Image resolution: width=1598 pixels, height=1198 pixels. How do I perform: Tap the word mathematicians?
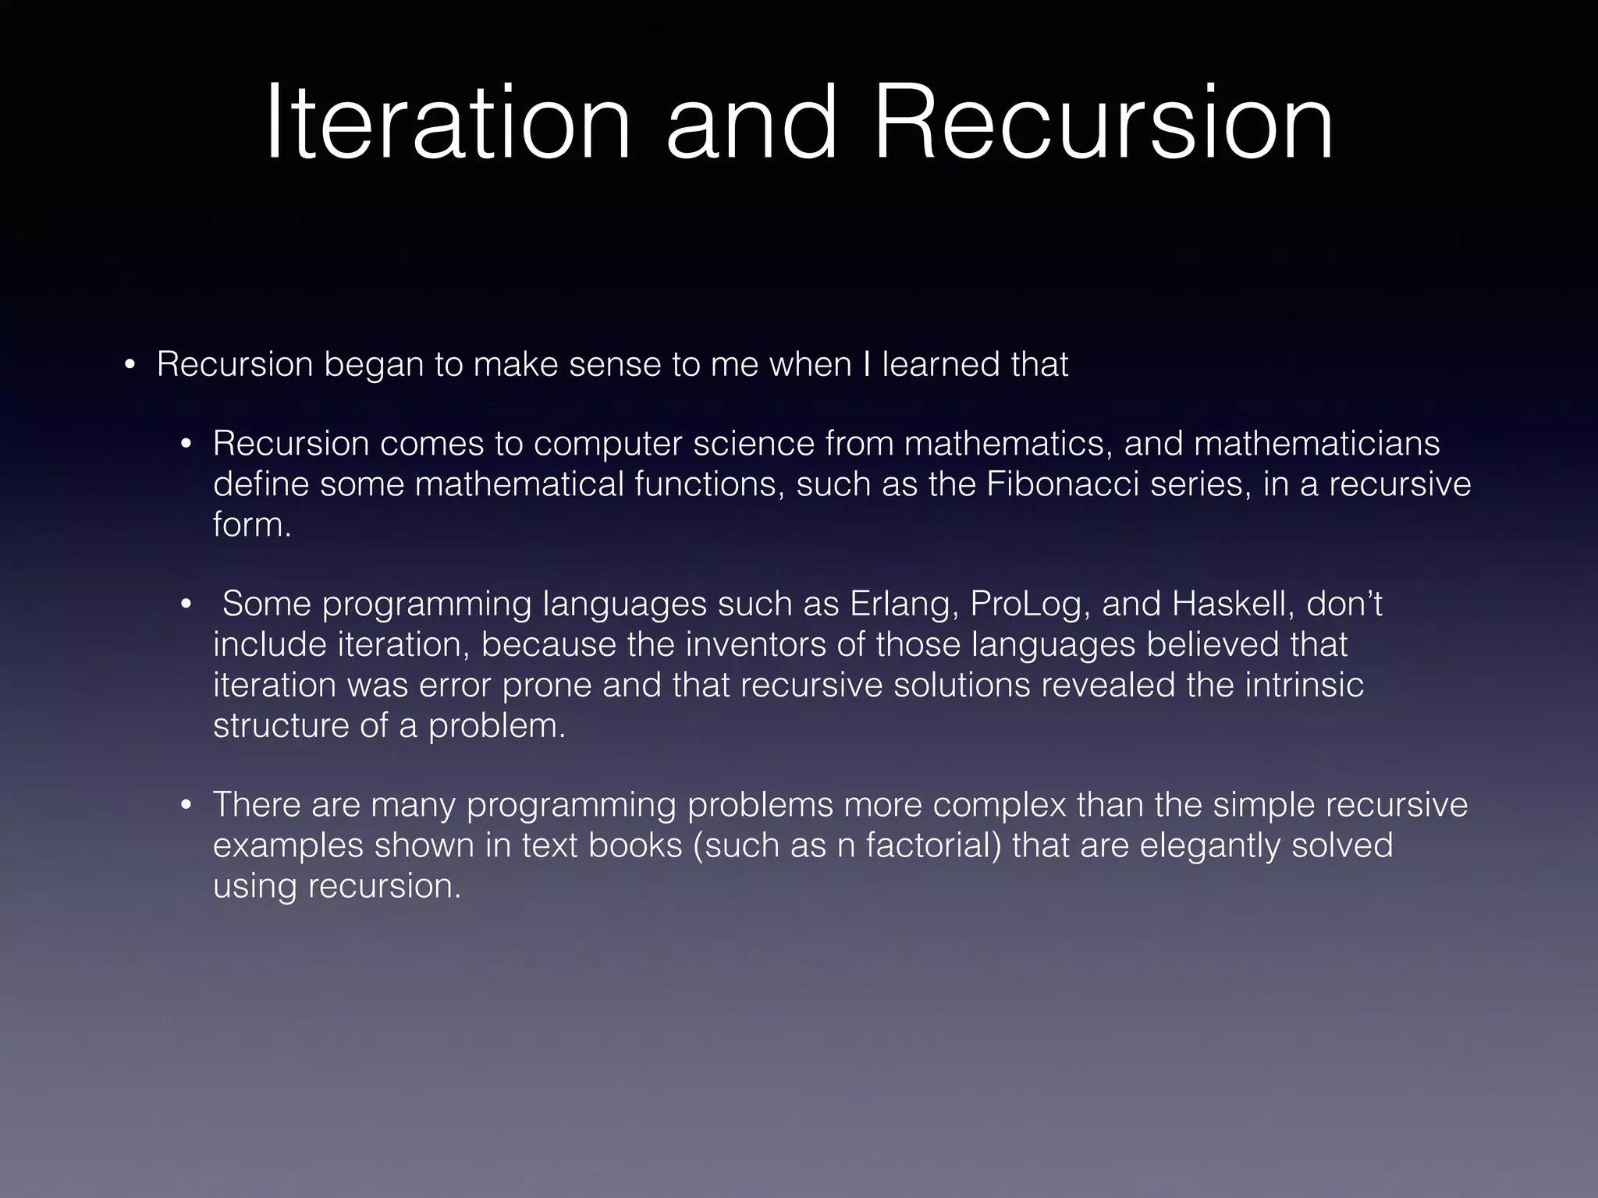1316,443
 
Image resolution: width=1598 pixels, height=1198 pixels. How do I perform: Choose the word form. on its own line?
252,524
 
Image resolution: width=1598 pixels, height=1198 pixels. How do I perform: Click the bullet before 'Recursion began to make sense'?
130,367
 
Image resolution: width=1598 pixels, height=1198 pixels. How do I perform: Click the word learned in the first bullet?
941,364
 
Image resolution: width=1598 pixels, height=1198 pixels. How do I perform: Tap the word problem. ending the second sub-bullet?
496,725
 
